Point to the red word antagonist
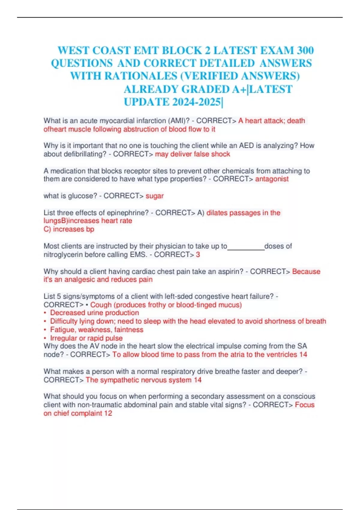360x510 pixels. click(272, 179)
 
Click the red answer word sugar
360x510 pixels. click(154, 196)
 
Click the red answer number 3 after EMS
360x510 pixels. click(198, 255)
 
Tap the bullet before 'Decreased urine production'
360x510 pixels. click(45, 313)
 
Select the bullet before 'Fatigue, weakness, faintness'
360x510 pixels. click(45, 330)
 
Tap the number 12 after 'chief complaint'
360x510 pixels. click(108, 413)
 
